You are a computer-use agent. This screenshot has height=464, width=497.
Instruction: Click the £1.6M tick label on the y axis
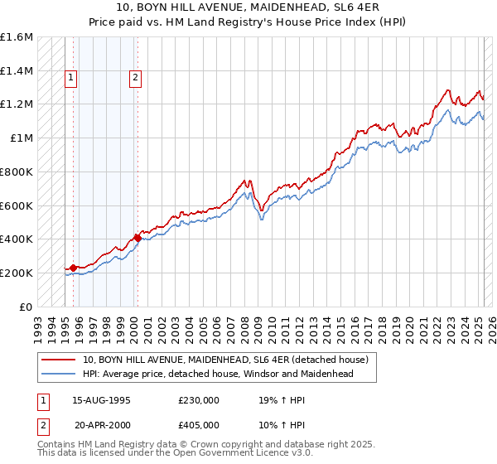(17, 37)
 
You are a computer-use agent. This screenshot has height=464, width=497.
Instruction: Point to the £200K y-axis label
(17, 273)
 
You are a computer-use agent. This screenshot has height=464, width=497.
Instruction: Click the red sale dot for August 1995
(73, 268)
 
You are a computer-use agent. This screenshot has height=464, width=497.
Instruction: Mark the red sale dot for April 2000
(138, 238)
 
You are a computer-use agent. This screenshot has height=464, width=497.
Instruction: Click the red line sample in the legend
(60, 360)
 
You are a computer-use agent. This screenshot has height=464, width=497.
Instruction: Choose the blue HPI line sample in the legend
(60, 374)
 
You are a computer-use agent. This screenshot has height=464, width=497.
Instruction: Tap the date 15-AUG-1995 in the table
(102, 399)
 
